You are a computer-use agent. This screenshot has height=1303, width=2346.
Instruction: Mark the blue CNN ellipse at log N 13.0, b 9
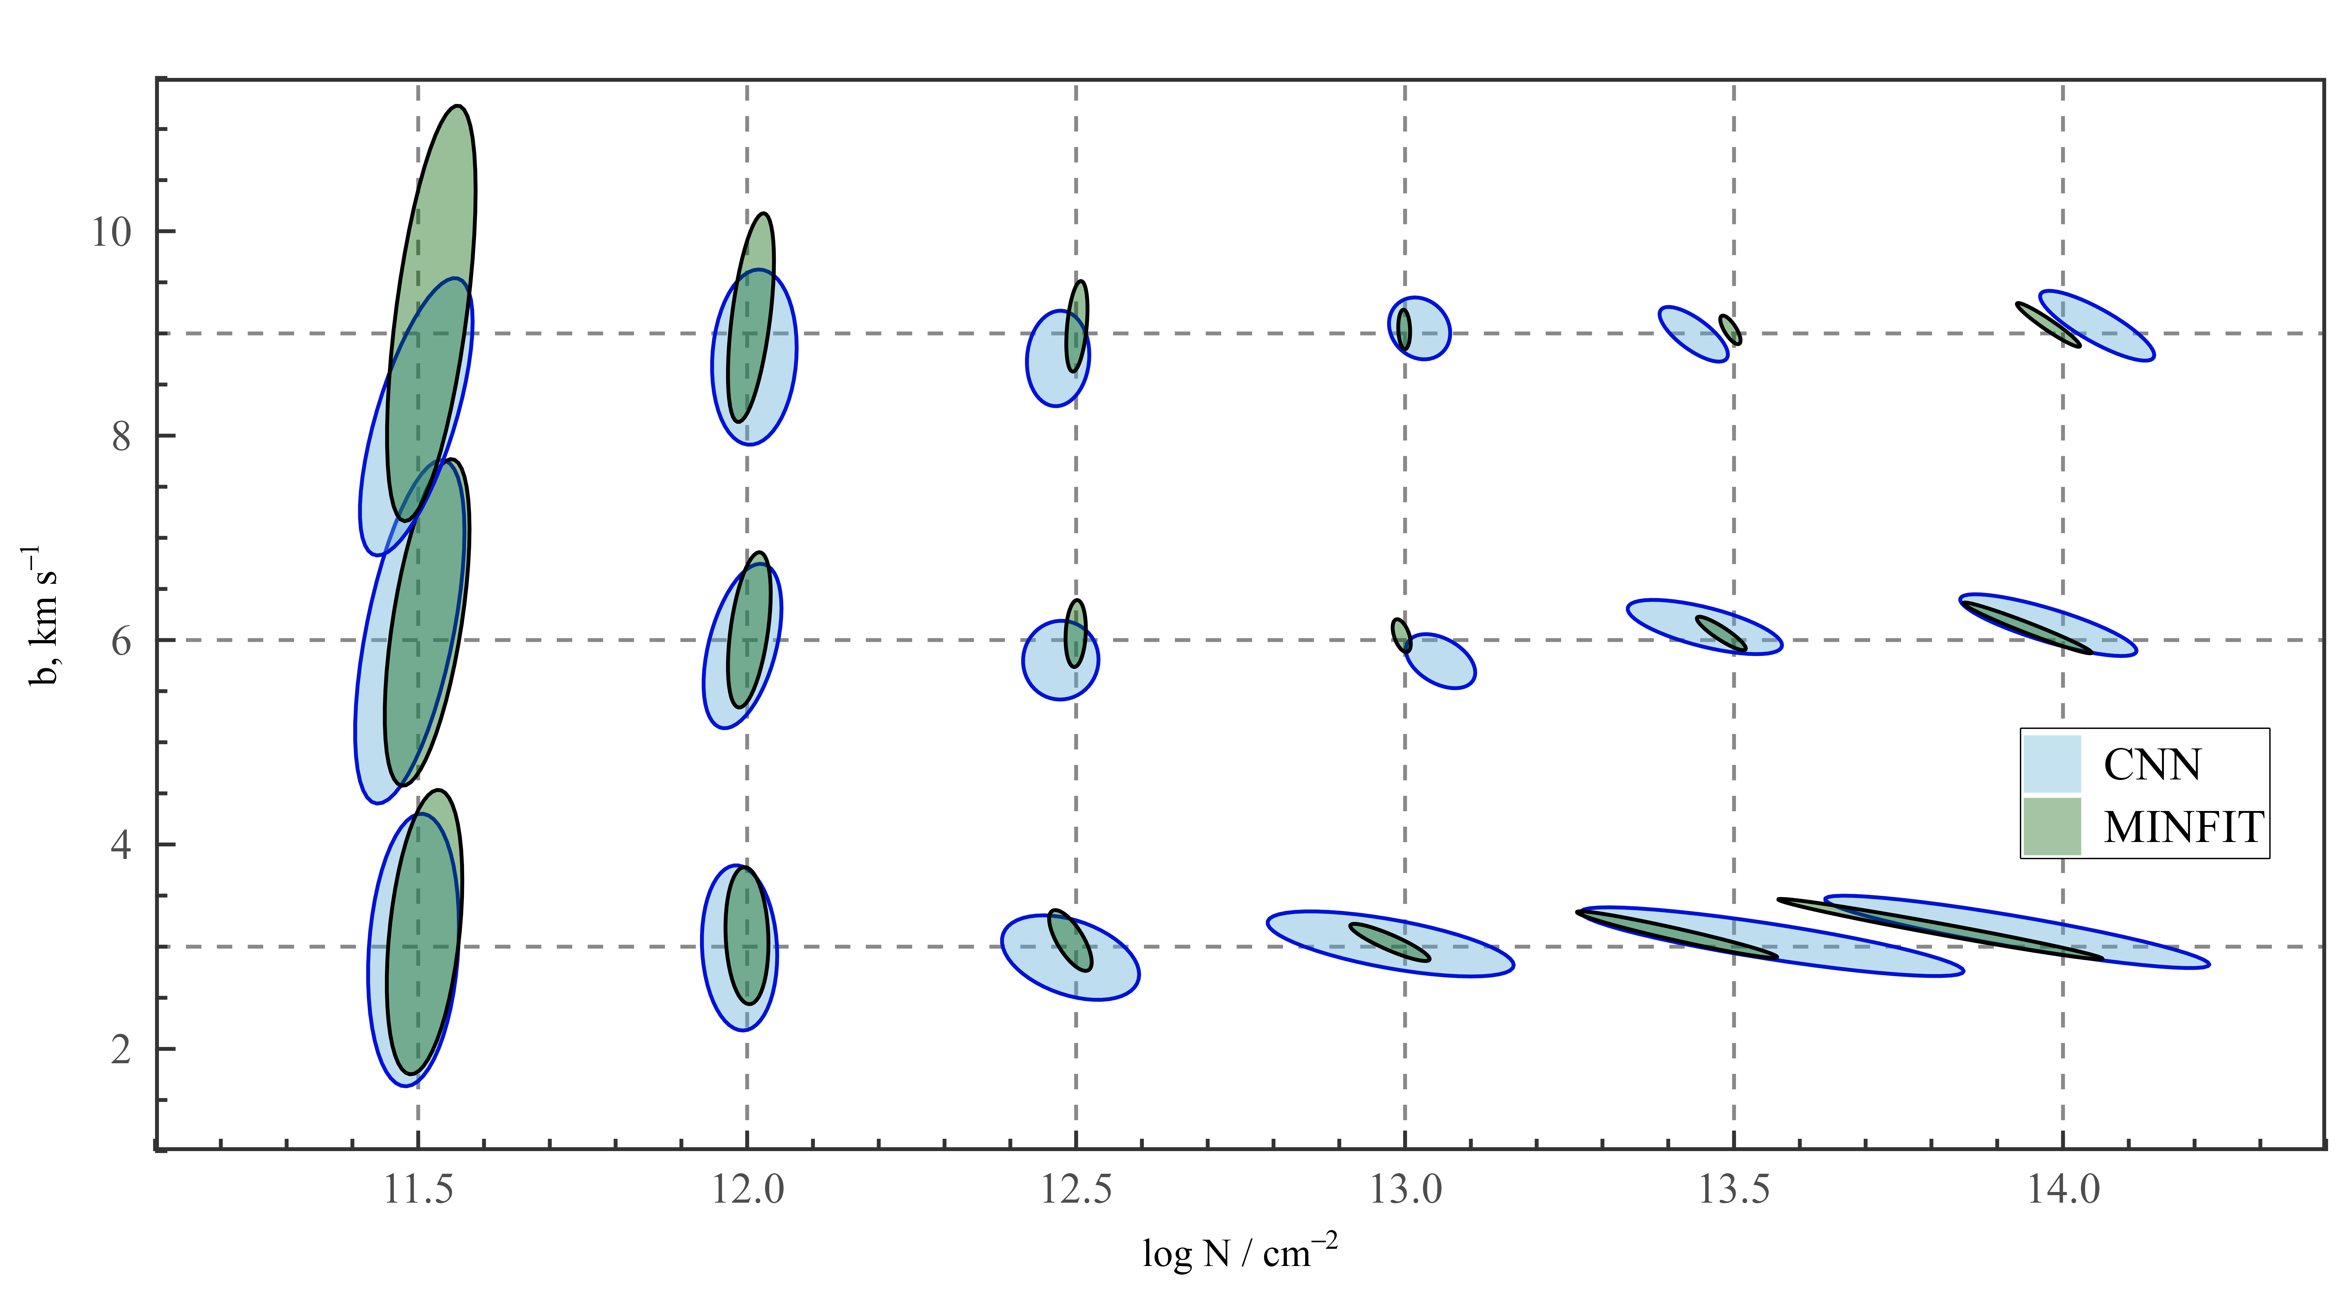coord(1430,328)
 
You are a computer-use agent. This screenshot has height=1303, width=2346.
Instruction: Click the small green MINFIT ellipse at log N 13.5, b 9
coord(1730,330)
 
